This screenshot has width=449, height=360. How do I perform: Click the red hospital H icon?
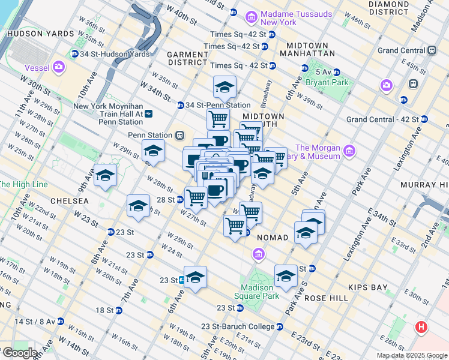pos(421,328)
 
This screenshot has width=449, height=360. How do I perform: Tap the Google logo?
pos(19,353)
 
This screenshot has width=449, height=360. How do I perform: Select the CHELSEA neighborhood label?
pos(70,200)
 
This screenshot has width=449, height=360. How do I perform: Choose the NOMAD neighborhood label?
pos(273,238)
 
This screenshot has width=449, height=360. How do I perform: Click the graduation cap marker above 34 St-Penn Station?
pos(224,88)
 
